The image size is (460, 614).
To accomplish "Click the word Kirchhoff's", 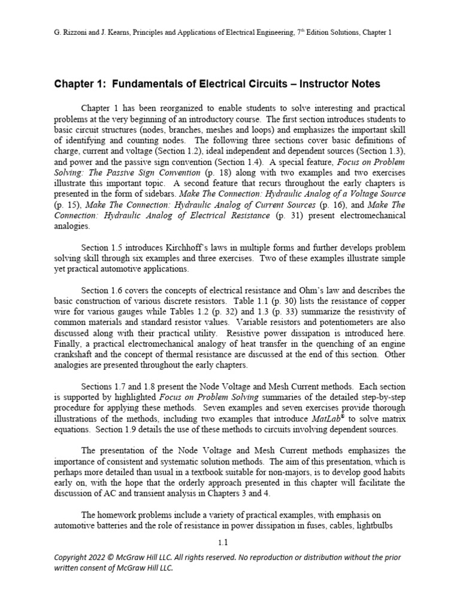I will coord(197,248).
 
